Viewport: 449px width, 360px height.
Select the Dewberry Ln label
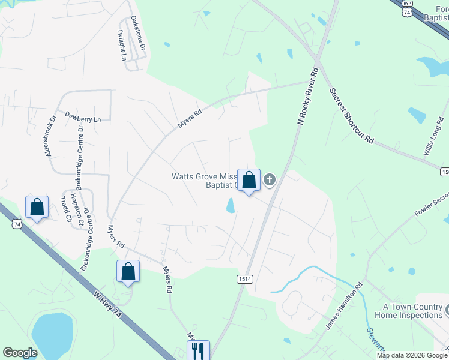coord(83,119)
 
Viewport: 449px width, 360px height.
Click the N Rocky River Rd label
coord(307,96)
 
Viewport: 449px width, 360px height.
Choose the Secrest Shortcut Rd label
coord(352,116)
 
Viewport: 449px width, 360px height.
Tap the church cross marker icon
coord(270,179)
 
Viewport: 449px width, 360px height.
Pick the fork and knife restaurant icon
coord(198,350)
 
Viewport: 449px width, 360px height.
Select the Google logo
coord(20,353)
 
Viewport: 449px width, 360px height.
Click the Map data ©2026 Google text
coord(411,355)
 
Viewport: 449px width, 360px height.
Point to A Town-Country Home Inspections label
coord(408,311)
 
